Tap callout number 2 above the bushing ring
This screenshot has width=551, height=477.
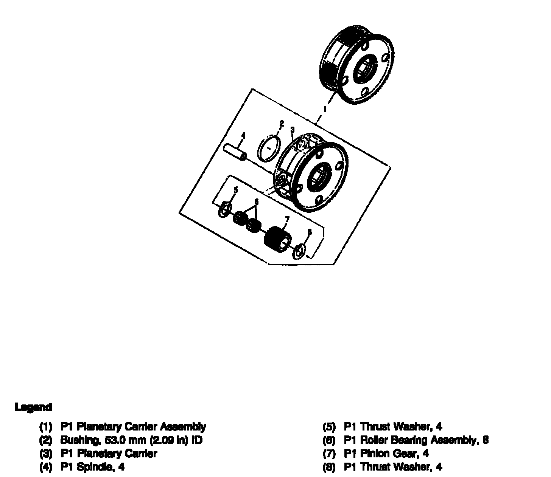click(281, 124)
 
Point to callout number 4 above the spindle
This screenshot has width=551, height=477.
click(243, 135)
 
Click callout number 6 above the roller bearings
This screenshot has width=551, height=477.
click(256, 202)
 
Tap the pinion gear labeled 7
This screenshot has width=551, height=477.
click(278, 239)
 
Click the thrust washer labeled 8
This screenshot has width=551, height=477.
click(299, 251)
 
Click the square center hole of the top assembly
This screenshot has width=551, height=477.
click(366, 70)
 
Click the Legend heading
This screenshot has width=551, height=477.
click(33, 407)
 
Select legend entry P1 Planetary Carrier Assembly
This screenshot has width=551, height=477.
click(133, 427)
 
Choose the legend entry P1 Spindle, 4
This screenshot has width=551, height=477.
click(92, 467)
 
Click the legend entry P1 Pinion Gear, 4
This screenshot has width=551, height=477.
click(386, 454)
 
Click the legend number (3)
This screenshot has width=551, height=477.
click(45, 454)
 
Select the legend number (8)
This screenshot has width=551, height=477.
click(329, 467)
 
